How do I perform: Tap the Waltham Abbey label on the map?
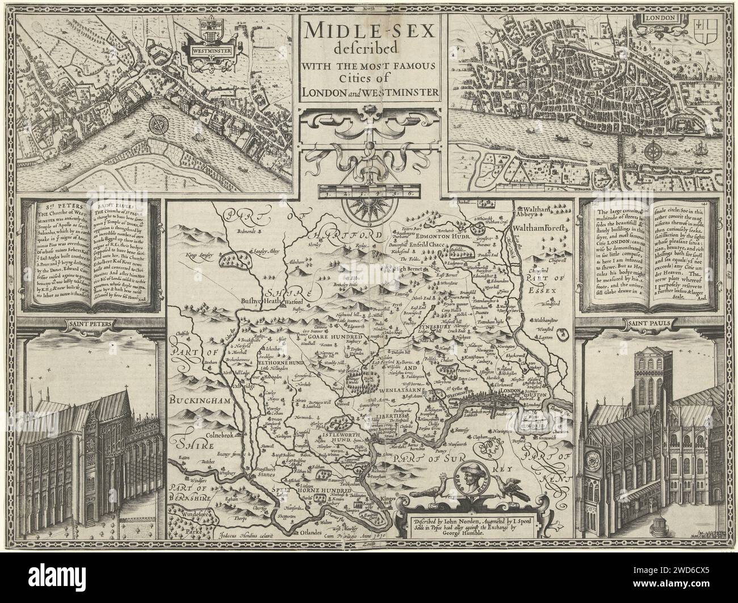531,213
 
